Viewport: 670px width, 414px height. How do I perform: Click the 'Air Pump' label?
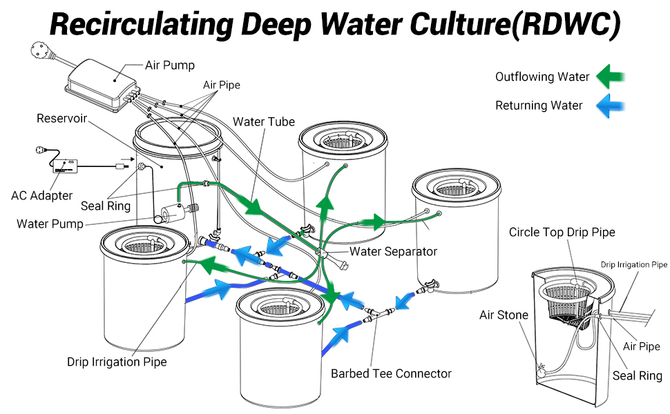(x=169, y=66)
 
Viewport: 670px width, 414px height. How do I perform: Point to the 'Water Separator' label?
(x=393, y=251)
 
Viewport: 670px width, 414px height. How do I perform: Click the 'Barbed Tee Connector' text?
(x=391, y=373)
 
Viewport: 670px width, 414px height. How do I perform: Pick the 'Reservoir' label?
(x=61, y=119)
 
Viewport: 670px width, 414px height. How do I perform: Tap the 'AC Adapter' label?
(x=41, y=195)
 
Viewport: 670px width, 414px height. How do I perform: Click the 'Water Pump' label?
(x=50, y=224)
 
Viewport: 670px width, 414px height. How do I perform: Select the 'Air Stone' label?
(x=504, y=315)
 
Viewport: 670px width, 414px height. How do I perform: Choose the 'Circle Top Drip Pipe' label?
(x=562, y=233)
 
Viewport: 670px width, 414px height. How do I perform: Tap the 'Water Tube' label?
(x=264, y=122)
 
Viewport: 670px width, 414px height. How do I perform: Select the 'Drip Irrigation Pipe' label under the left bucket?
(x=117, y=362)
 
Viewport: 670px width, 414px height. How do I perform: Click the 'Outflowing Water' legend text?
(x=542, y=77)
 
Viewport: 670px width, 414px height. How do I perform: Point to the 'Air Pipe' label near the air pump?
(x=222, y=85)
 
